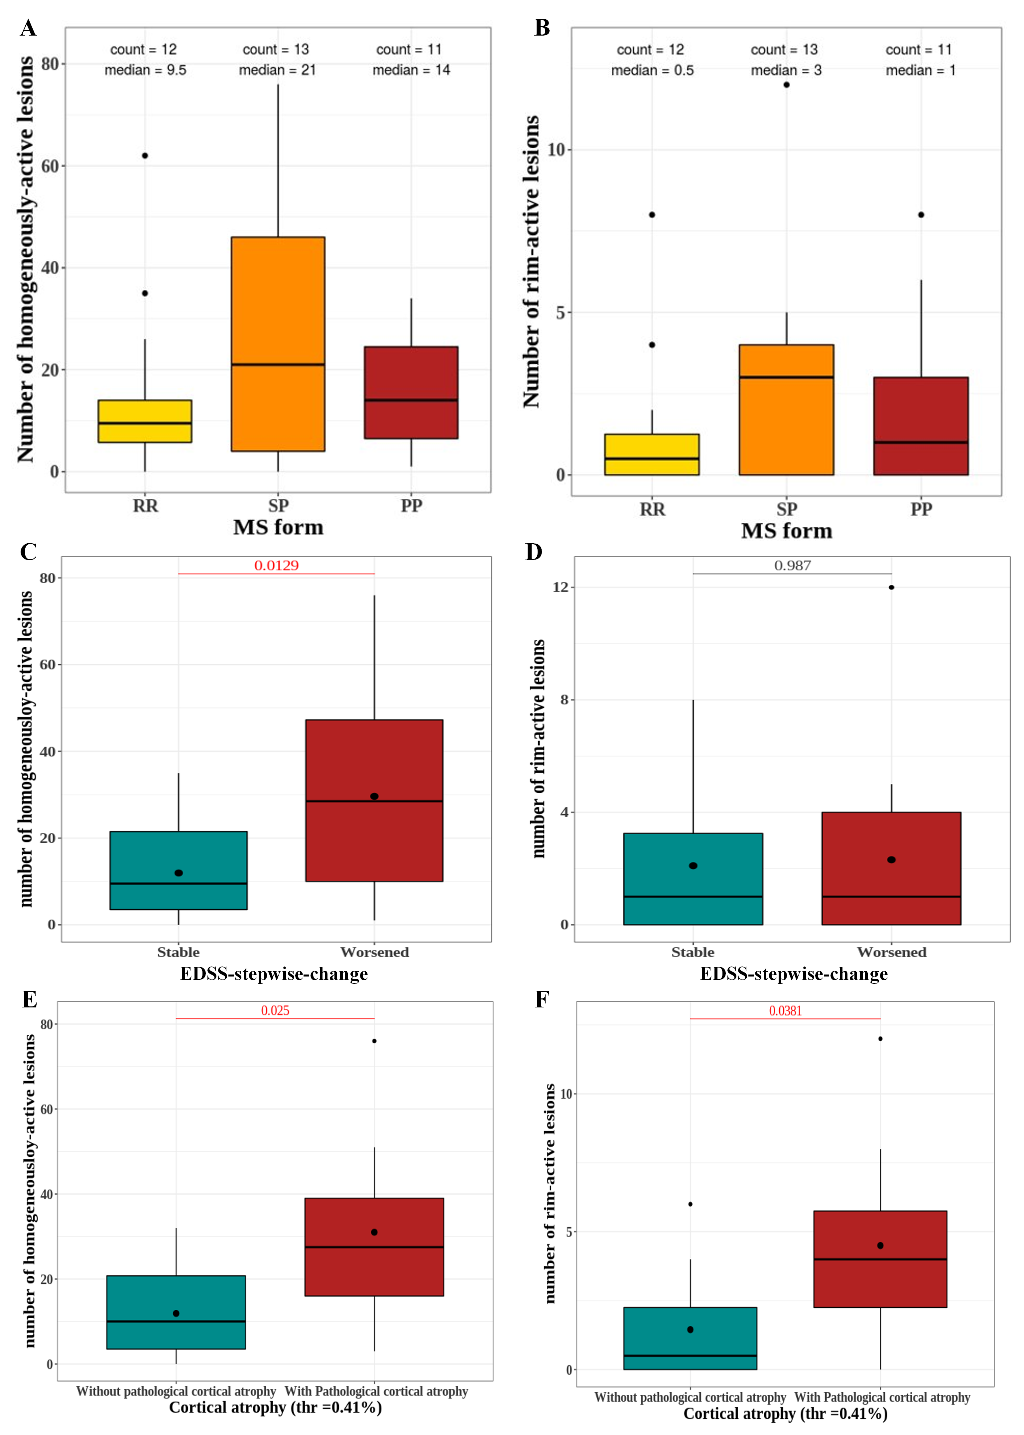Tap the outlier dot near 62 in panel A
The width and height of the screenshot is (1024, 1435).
pyautogui.click(x=145, y=156)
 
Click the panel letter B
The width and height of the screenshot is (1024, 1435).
pyautogui.click(x=542, y=28)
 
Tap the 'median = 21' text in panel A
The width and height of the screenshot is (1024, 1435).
pyautogui.click(x=277, y=70)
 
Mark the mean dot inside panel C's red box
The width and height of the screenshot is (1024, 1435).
pyautogui.click(x=375, y=796)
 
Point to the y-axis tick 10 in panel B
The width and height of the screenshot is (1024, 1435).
pyautogui.click(x=556, y=150)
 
